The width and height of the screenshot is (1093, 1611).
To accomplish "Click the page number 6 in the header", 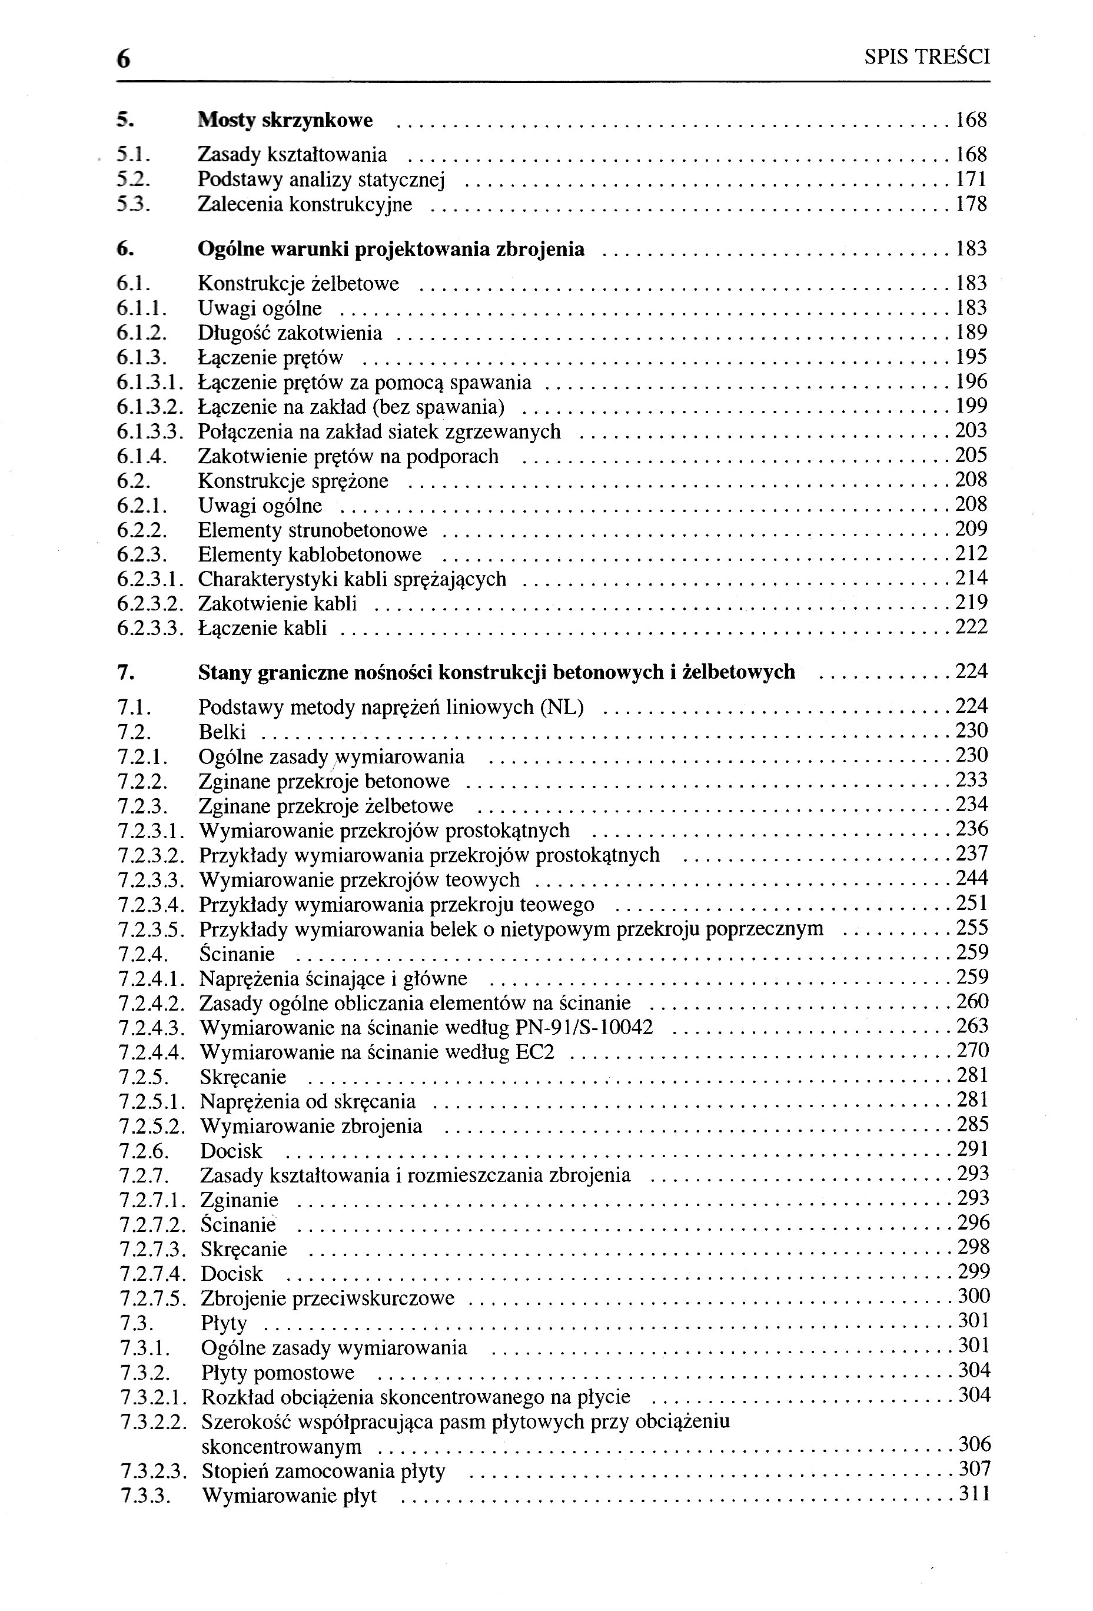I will point(124,59).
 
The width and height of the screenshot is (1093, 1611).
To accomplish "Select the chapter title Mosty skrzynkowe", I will point(285,121).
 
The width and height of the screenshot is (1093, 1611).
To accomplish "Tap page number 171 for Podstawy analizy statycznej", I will point(971,180).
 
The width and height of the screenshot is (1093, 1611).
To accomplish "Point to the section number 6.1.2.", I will point(142,333).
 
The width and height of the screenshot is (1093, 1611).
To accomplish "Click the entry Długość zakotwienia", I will point(290,333).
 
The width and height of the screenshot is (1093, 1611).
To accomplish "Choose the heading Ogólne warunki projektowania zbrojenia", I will point(391,249).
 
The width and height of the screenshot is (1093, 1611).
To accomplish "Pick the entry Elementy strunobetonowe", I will point(313,531).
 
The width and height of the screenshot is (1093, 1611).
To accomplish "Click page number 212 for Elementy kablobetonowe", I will point(971,554).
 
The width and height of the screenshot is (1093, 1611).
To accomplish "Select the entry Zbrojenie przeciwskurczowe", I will point(327,1298).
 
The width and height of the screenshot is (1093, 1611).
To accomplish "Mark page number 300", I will point(973,1296).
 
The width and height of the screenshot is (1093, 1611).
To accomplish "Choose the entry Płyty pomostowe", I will point(278,1373).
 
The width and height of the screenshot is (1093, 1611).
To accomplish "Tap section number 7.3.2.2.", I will point(153,1421).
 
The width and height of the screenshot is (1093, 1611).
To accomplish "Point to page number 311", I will point(974,1493).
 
